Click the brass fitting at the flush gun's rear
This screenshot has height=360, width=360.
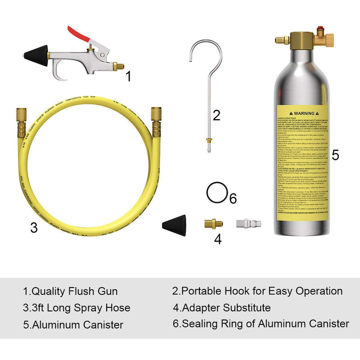[x=118, y=65]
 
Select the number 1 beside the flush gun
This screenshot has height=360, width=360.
[x=128, y=76]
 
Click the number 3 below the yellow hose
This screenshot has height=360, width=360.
[x=34, y=228]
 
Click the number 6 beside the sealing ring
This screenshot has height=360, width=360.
[x=232, y=198]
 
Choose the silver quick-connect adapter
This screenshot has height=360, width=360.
[x=243, y=222]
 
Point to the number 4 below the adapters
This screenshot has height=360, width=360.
[x=218, y=239]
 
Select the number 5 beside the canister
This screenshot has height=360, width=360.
[x=335, y=155]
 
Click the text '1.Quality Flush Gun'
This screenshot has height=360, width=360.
[x=70, y=291]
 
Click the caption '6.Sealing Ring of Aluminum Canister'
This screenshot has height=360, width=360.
[x=261, y=323]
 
